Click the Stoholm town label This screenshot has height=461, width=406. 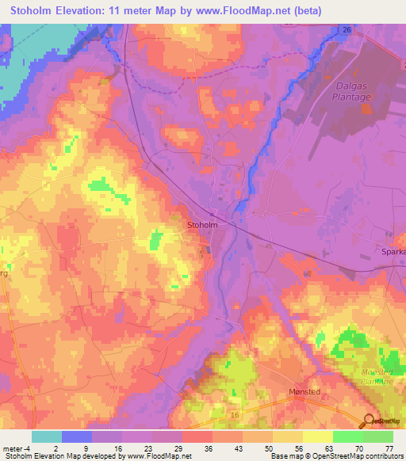point(201,224)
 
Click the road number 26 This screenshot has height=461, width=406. point(347,29)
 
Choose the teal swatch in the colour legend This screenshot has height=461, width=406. point(47,436)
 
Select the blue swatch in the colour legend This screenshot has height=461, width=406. point(77,436)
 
